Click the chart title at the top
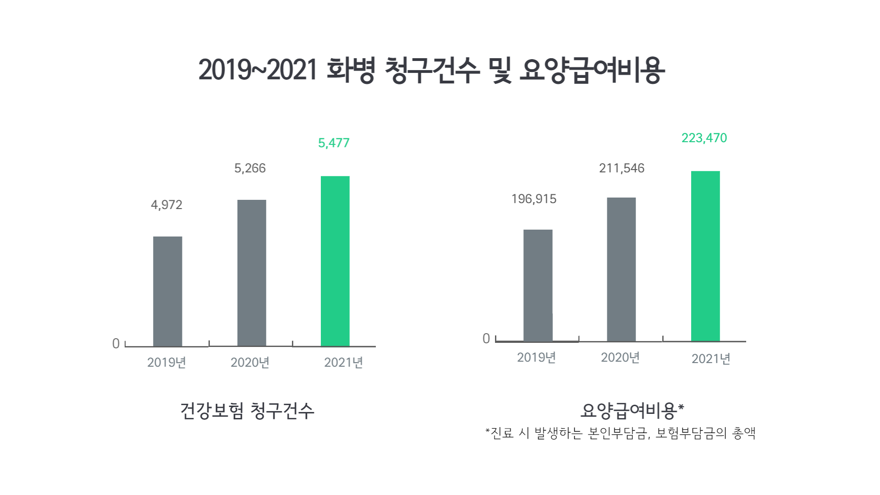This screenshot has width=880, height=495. [x=431, y=70]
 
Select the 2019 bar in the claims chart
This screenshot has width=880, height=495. [x=167, y=291]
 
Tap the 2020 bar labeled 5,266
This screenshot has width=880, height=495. [x=252, y=273]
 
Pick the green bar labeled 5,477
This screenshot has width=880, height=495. [x=335, y=261]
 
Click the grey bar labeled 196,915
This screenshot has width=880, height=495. [x=538, y=285]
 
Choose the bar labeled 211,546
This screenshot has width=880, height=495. [x=621, y=269]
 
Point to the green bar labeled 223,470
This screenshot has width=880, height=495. [x=705, y=256]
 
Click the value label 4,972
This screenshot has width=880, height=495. [x=166, y=204]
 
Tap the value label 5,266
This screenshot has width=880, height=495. [x=250, y=168]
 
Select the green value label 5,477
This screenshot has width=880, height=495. [x=334, y=143]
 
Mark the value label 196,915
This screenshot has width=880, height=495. [x=533, y=199]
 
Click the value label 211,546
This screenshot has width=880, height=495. [x=621, y=168]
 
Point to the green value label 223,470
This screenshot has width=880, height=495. [x=704, y=138]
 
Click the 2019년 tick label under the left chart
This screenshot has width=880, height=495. [x=166, y=363]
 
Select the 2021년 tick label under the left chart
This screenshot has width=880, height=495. [x=343, y=363]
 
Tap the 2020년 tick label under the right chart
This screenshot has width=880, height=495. [x=620, y=357]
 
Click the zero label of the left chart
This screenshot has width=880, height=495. [x=116, y=343]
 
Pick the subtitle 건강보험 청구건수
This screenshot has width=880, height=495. [x=247, y=411]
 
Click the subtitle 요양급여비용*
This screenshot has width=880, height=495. [x=632, y=411]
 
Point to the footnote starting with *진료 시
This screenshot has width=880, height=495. [x=620, y=433]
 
